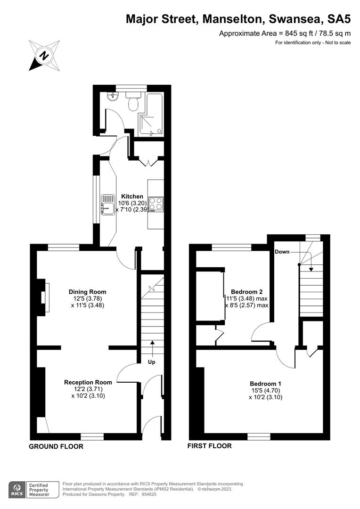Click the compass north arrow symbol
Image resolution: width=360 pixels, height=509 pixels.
click(44, 55)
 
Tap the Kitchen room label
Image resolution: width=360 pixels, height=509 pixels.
click(132, 196)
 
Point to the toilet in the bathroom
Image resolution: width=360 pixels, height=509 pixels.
click(133, 101)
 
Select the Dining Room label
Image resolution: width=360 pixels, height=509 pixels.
click(88, 291)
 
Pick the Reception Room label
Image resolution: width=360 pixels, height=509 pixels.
click(88, 382)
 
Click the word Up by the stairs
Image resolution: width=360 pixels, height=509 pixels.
click(152, 362)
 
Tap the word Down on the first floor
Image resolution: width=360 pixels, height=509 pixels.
click(282, 252)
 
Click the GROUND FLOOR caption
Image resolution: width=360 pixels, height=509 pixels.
click(56, 446)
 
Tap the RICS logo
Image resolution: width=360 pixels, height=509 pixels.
click(18, 489)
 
